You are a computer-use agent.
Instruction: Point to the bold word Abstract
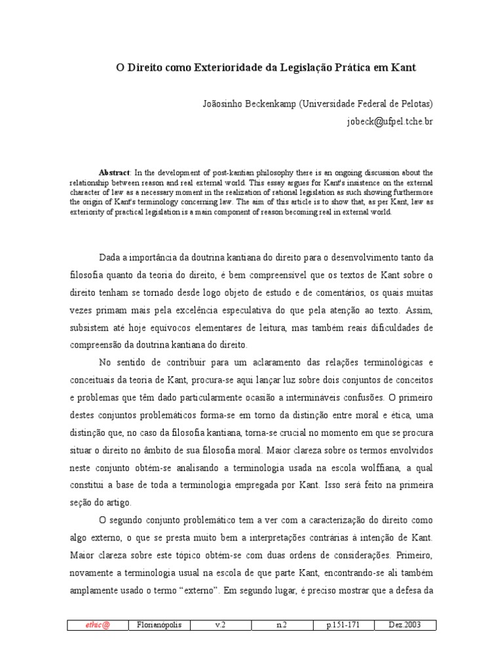[113, 172]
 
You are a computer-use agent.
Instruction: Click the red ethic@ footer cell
[98, 625]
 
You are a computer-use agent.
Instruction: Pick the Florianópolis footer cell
[159, 625]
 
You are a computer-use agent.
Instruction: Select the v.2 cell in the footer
[220, 625]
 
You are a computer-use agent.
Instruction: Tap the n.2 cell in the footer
[281, 625]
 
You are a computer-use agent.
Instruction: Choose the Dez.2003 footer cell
[404, 625]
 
